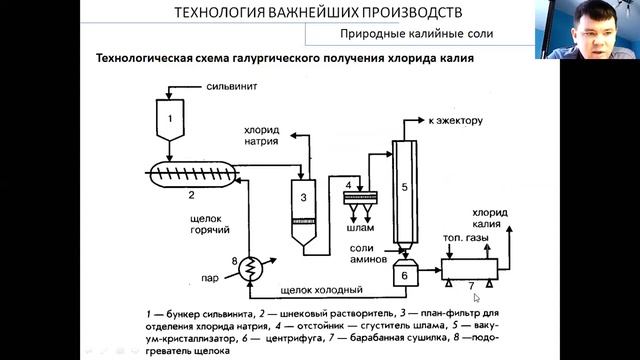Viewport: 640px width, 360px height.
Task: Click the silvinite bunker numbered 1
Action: pyautogui.click(x=170, y=120)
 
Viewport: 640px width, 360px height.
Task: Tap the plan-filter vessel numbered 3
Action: pyautogui.click(x=303, y=212)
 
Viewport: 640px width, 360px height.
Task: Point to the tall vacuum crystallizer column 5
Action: pyautogui.click(x=404, y=193)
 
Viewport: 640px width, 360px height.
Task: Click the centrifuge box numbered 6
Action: pyautogui.click(x=405, y=273)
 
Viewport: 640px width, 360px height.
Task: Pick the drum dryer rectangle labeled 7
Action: pyautogui.click(x=469, y=269)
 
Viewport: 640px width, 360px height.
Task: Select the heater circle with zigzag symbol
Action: pyautogui.click(x=250, y=269)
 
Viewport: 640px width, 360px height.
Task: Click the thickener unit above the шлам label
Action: pyautogui.click(x=360, y=198)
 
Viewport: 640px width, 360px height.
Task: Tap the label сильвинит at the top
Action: pyautogui.click(x=232, y=87)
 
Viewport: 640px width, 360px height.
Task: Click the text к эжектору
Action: pyautogui.click(x=456, y=121)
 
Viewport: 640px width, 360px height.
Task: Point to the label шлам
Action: pyautogui.click(x=360, y=228)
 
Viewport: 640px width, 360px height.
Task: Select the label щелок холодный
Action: pyautogui.click(x=322, y=290)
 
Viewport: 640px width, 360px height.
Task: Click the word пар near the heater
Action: pyautogui.click(x=210, y=278)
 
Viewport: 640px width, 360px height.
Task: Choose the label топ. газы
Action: pyautogui.click(x=466, y=238)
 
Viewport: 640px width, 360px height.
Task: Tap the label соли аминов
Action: pyautogui.click(x=368, y=253)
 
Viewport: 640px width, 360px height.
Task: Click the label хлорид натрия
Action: pyautogui.click(x=262, y=136)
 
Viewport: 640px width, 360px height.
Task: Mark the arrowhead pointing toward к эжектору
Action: pyautogui.click(x=421, y=120)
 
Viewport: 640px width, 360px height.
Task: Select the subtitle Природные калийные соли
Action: pyautogui.click(x=417, y=33)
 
